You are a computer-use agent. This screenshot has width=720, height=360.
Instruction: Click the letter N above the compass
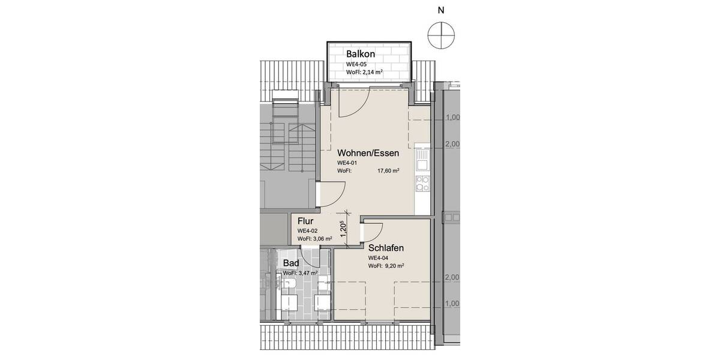[x=441, y=10]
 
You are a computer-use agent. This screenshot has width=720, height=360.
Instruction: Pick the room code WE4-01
[x=347, y=163]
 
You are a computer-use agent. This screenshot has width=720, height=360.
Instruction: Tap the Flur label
[x=306, y=221]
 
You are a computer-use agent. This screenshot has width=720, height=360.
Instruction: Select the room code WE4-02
[x=307, y=231]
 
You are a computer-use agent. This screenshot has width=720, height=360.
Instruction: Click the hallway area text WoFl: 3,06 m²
[x=315, y=239]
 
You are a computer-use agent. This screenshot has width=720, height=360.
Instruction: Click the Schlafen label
[x=386, y=248]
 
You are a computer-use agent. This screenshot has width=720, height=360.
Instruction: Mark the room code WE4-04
[x=378, y=258]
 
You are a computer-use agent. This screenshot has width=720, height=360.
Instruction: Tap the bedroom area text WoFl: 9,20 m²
[x=386, y=266]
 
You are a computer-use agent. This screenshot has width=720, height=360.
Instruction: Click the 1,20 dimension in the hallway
[x=343, y=230]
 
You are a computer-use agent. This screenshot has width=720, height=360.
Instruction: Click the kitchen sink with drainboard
[x=423, y=158]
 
